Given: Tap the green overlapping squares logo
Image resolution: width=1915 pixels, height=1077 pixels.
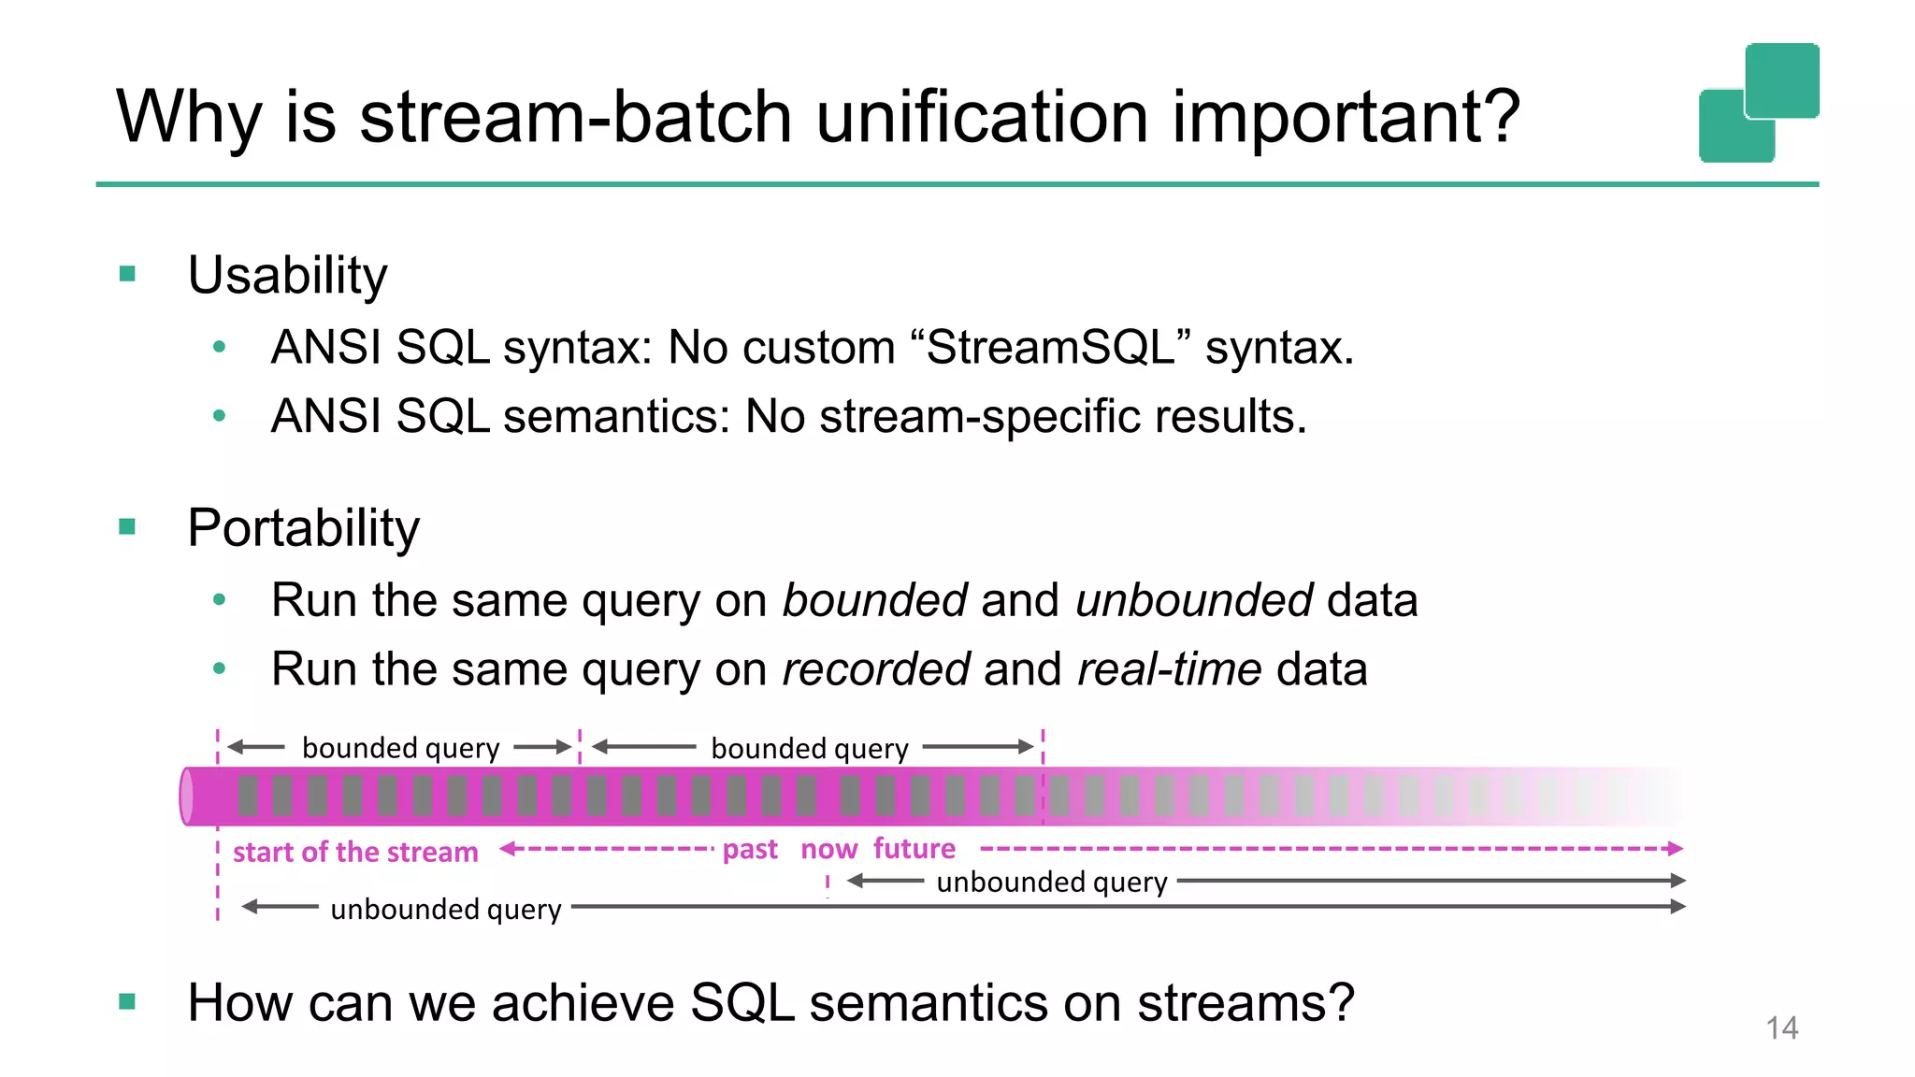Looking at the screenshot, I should click(1759, 103).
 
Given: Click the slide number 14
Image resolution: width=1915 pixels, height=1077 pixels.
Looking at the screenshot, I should click(1781, 1028).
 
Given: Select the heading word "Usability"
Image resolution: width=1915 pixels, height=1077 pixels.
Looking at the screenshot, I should click(287, 276).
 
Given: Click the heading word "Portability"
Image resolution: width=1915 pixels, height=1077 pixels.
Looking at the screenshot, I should click(303, 528).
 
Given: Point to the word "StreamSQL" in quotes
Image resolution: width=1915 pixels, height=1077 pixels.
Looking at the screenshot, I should click(1051, 348).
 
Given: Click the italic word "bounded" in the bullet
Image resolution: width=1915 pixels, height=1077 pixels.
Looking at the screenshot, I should click(874, 600).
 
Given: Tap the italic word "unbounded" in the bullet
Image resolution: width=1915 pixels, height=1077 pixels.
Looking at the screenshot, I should click(1194, 600).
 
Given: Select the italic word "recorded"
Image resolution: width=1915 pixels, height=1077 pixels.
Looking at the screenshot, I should click(875, 669).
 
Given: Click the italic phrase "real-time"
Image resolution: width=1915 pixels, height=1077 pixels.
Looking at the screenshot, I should click(1169, 669).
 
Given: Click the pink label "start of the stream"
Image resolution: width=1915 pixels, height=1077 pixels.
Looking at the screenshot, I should click(355, 852).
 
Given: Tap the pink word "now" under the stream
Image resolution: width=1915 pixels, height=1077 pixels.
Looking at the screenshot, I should click(828, 849).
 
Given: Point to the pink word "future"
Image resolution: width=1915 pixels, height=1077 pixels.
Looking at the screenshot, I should click(914, 848).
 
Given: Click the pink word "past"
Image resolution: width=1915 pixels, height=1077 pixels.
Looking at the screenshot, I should click(750, 849).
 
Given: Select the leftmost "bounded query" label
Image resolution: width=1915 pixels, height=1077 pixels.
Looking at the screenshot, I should click(400, 748).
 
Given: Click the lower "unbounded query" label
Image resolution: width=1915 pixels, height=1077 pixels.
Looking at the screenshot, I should click(446, 909).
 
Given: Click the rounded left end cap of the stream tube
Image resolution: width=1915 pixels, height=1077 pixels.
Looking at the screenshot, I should click(187, 797).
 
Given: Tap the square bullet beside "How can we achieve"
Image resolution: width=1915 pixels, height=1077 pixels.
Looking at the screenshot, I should click(128, 1002).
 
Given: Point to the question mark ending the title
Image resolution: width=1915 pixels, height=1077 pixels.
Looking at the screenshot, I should click(1497, 118).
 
